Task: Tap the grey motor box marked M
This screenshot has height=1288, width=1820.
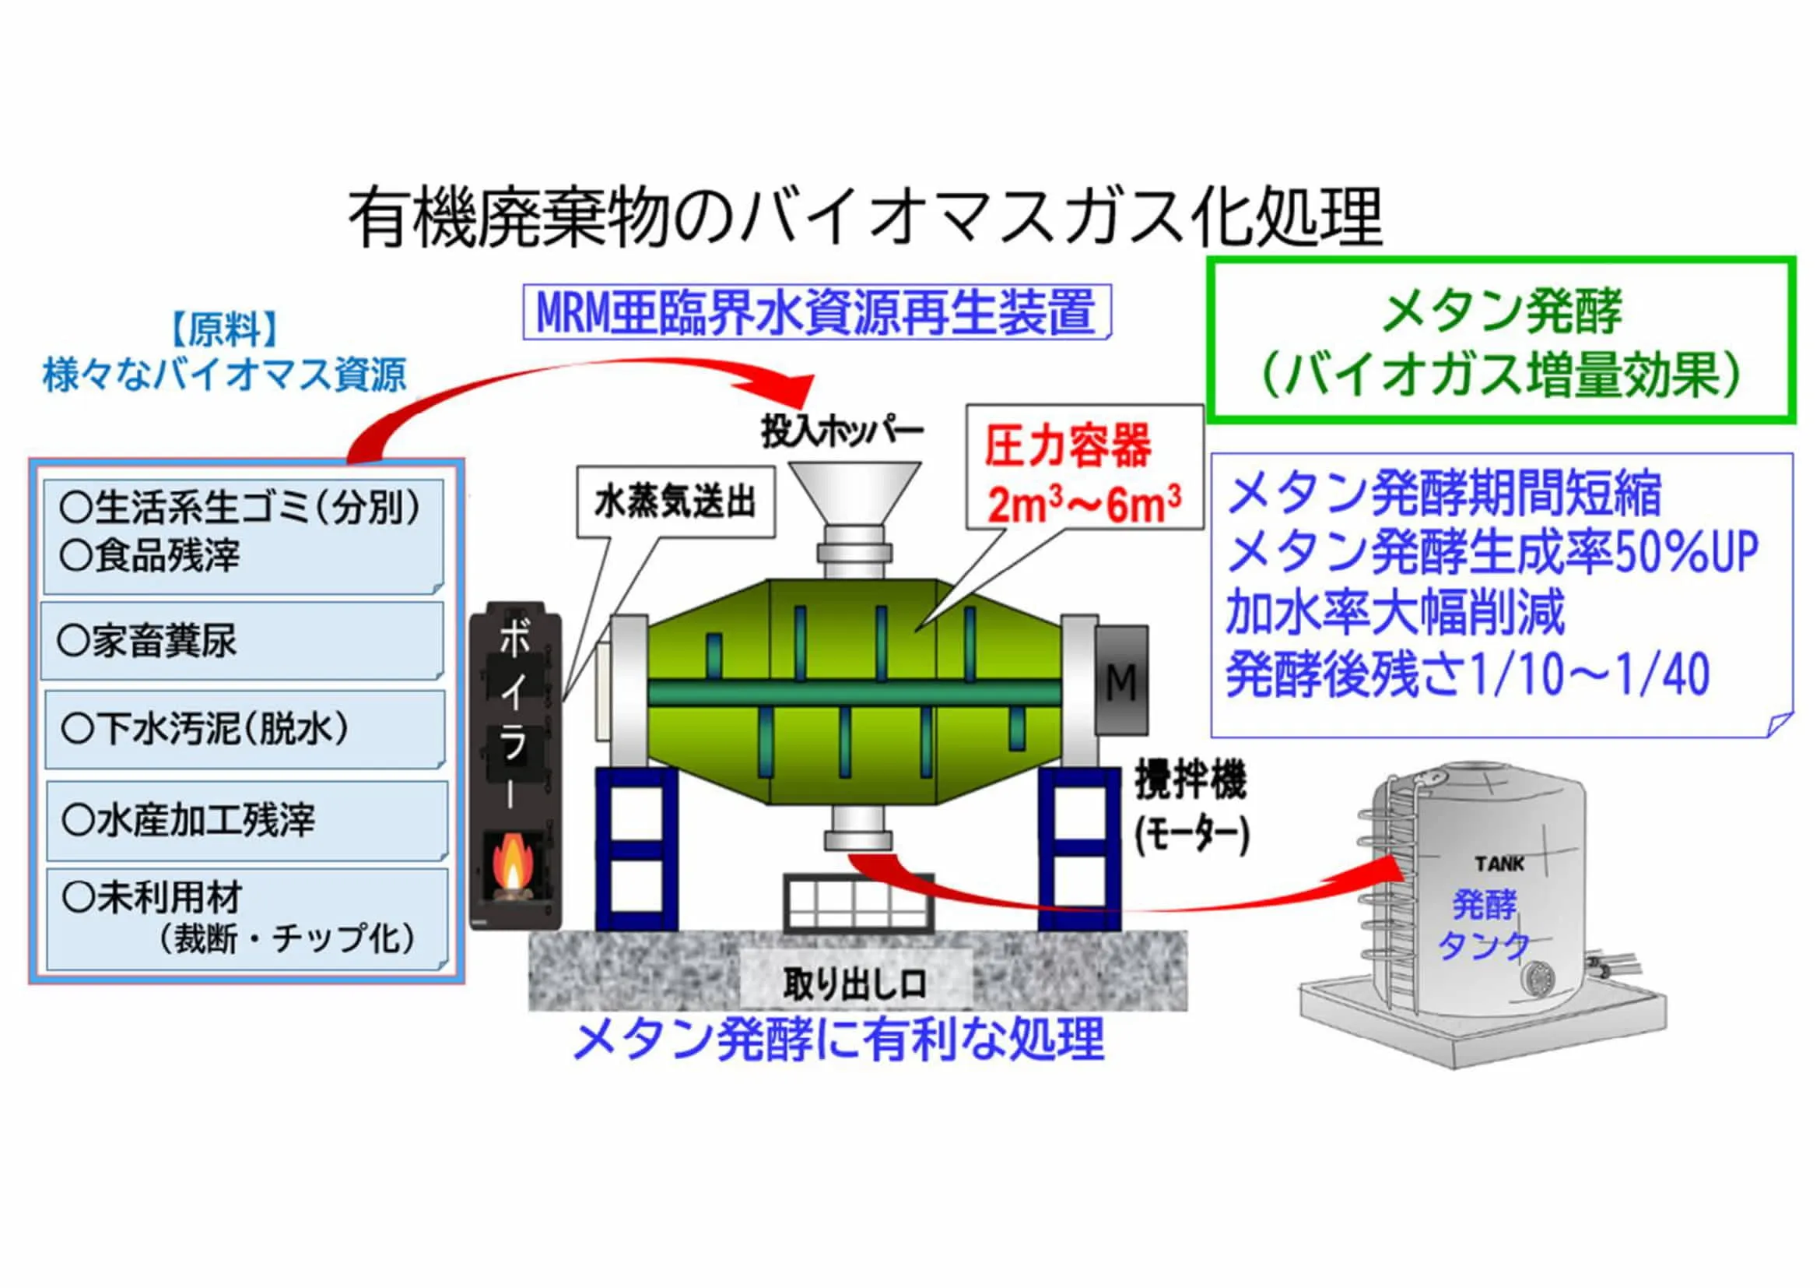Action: pos(1120,681)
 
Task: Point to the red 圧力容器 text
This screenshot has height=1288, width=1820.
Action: pos(1068,445)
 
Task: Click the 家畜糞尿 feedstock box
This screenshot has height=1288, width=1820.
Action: pos(243,641)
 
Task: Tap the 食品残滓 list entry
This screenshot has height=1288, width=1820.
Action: pos(151,555)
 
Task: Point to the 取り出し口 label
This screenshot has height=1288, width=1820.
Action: pos(854,984)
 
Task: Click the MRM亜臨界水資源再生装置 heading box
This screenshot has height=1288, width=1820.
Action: pos(816,311)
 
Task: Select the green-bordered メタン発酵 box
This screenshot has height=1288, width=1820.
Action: pos(1500,339)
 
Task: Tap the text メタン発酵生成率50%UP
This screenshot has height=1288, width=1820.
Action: pos(1492,553)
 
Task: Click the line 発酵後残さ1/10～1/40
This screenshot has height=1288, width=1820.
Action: pos(1468,675)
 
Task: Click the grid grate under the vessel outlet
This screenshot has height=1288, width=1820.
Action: pos(858,903)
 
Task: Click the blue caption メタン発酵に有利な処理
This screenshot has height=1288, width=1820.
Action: pos(839,1040)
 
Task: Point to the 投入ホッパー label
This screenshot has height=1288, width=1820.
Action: pos(842,431)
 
